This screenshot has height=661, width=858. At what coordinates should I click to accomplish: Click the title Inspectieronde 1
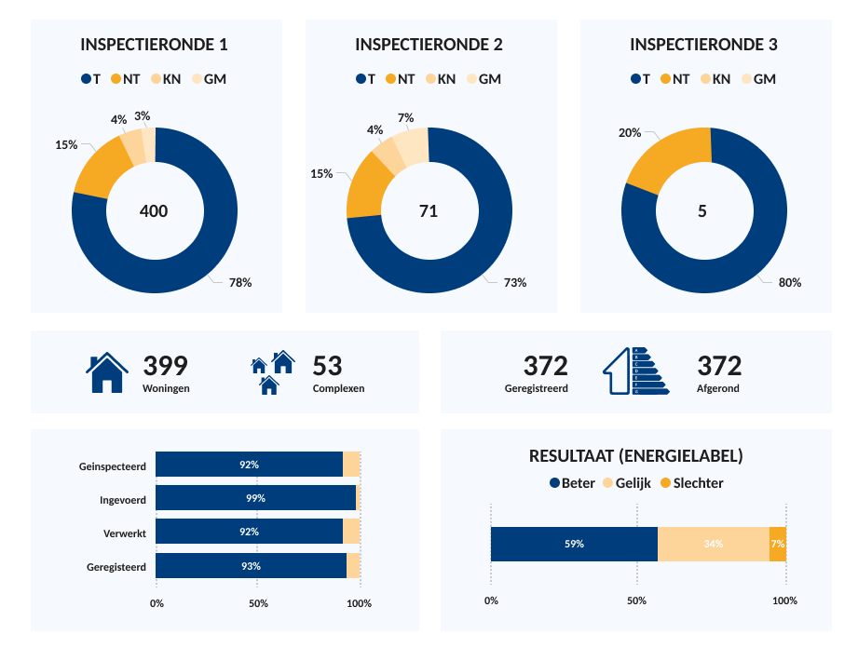(x=155, y=45)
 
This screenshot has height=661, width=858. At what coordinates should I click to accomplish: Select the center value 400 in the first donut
(x=154, y=211)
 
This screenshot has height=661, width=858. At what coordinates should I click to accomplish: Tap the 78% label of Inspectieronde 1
(x=240, y=282)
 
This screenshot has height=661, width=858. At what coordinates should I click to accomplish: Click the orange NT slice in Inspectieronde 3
(x=666, y=157)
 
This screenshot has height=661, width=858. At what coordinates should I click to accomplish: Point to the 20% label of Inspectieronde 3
(x=630, y=133)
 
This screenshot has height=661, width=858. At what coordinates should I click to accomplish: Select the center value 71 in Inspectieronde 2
(x=429, y=211)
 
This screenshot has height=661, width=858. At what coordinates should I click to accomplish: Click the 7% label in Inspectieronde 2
(x=405, y=118)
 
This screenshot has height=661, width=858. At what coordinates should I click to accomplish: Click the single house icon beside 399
(x=107, y=373)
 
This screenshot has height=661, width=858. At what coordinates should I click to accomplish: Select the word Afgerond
(x=718, y=388)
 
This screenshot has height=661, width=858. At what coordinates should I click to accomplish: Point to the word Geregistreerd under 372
(x=537, y=388)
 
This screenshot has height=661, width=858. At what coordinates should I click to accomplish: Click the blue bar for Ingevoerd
(x=255, y=498)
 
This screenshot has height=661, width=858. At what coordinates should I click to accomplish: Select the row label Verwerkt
(x=125, y=533)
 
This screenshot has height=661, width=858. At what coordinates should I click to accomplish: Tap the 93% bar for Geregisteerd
(x=251, y=566)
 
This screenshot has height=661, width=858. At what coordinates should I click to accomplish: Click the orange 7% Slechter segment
(x=777, y=544)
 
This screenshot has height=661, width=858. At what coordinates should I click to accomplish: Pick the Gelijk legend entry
(x=629, y=483)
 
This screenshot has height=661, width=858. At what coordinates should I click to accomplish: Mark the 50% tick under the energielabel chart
(x=636, y=600)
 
